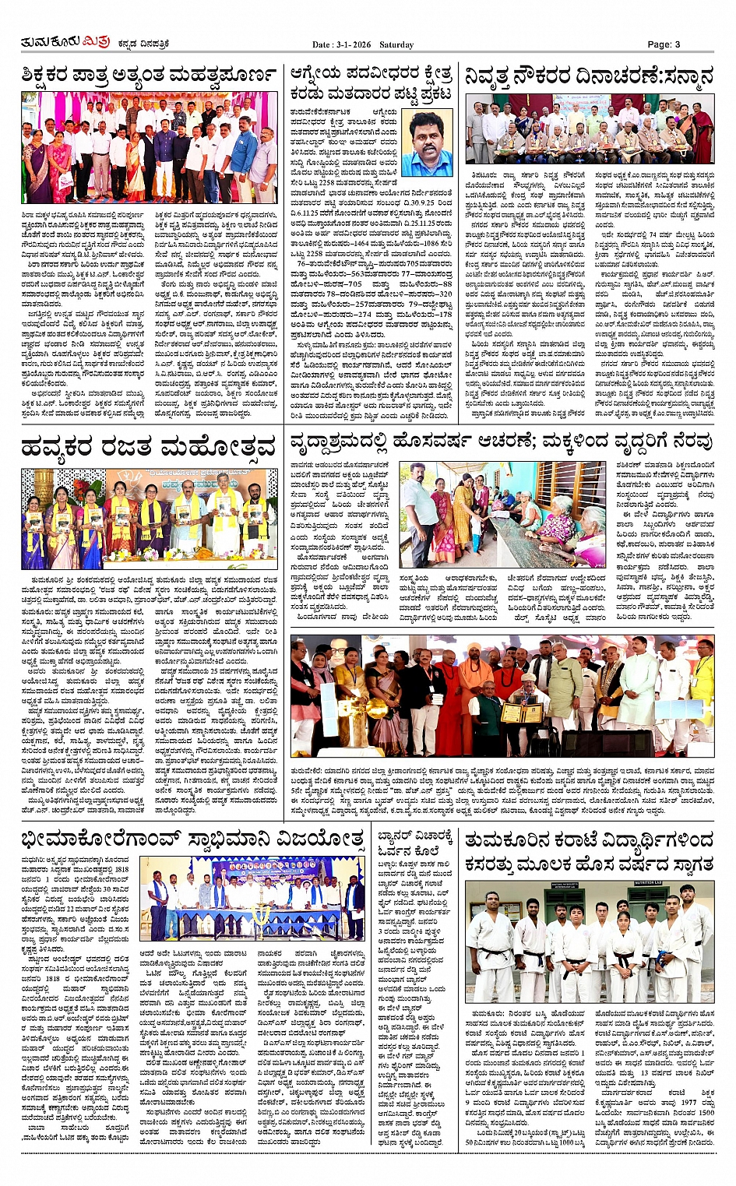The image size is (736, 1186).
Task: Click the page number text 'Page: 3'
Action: tap(664, 44)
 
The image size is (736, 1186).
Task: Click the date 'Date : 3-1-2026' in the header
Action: tap(342, 45)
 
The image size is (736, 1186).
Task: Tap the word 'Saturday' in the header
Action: tap(396, 45)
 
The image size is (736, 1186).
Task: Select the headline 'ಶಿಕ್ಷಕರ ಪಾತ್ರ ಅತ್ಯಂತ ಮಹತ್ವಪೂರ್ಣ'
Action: tap(149, 76)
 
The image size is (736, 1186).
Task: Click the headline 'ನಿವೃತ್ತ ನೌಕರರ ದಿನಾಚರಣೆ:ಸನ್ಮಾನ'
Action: tap(589, 76)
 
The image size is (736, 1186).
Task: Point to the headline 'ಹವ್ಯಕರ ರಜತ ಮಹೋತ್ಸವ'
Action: tap(149, 447)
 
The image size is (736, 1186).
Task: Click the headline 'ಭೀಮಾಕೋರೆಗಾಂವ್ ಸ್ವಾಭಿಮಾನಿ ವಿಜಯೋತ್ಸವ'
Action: tap(193, 839)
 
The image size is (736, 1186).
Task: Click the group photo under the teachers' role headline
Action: tap(149, 147)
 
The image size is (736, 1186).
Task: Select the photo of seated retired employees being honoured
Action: tap(590, 129)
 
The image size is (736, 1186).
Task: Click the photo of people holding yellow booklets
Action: tap(149, 518)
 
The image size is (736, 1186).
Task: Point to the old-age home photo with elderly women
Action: tap(502, 515)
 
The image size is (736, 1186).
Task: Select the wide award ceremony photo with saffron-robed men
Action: tap(502, 696)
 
